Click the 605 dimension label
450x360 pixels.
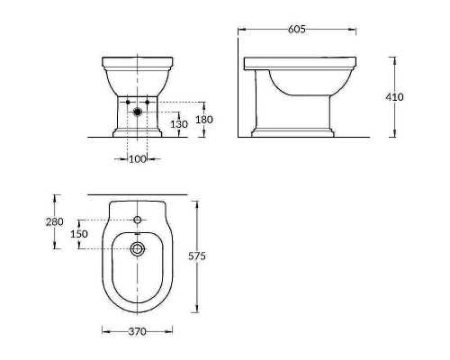point(298,30)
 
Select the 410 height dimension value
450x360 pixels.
point(418,96)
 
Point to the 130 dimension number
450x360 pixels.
point(181,124)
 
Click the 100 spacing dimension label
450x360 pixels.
point(137,158)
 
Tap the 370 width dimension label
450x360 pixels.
point(137,331)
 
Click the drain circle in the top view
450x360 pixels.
point(137,248)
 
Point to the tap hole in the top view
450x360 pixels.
point(137,220)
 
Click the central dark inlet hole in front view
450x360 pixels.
point(137,112)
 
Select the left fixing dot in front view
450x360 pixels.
point(127,101)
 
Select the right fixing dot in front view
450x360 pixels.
point(147,101)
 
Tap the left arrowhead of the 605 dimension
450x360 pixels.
point(239,30)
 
